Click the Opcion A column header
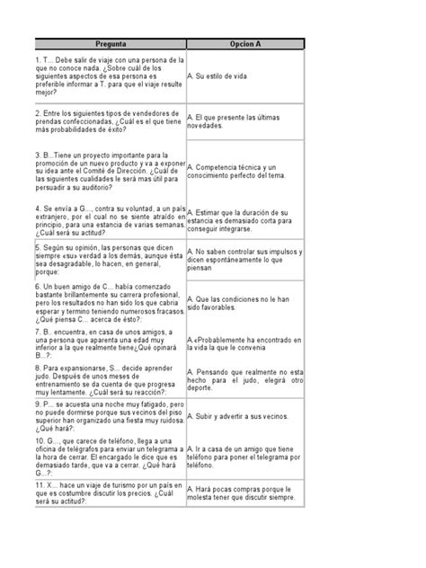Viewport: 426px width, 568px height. point(244,42)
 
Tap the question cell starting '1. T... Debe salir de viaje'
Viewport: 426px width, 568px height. point(99,76)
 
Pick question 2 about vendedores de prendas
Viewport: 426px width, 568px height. point(99,127)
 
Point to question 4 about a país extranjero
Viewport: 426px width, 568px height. point(99,219)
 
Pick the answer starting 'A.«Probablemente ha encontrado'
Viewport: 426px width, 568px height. point(242,341)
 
